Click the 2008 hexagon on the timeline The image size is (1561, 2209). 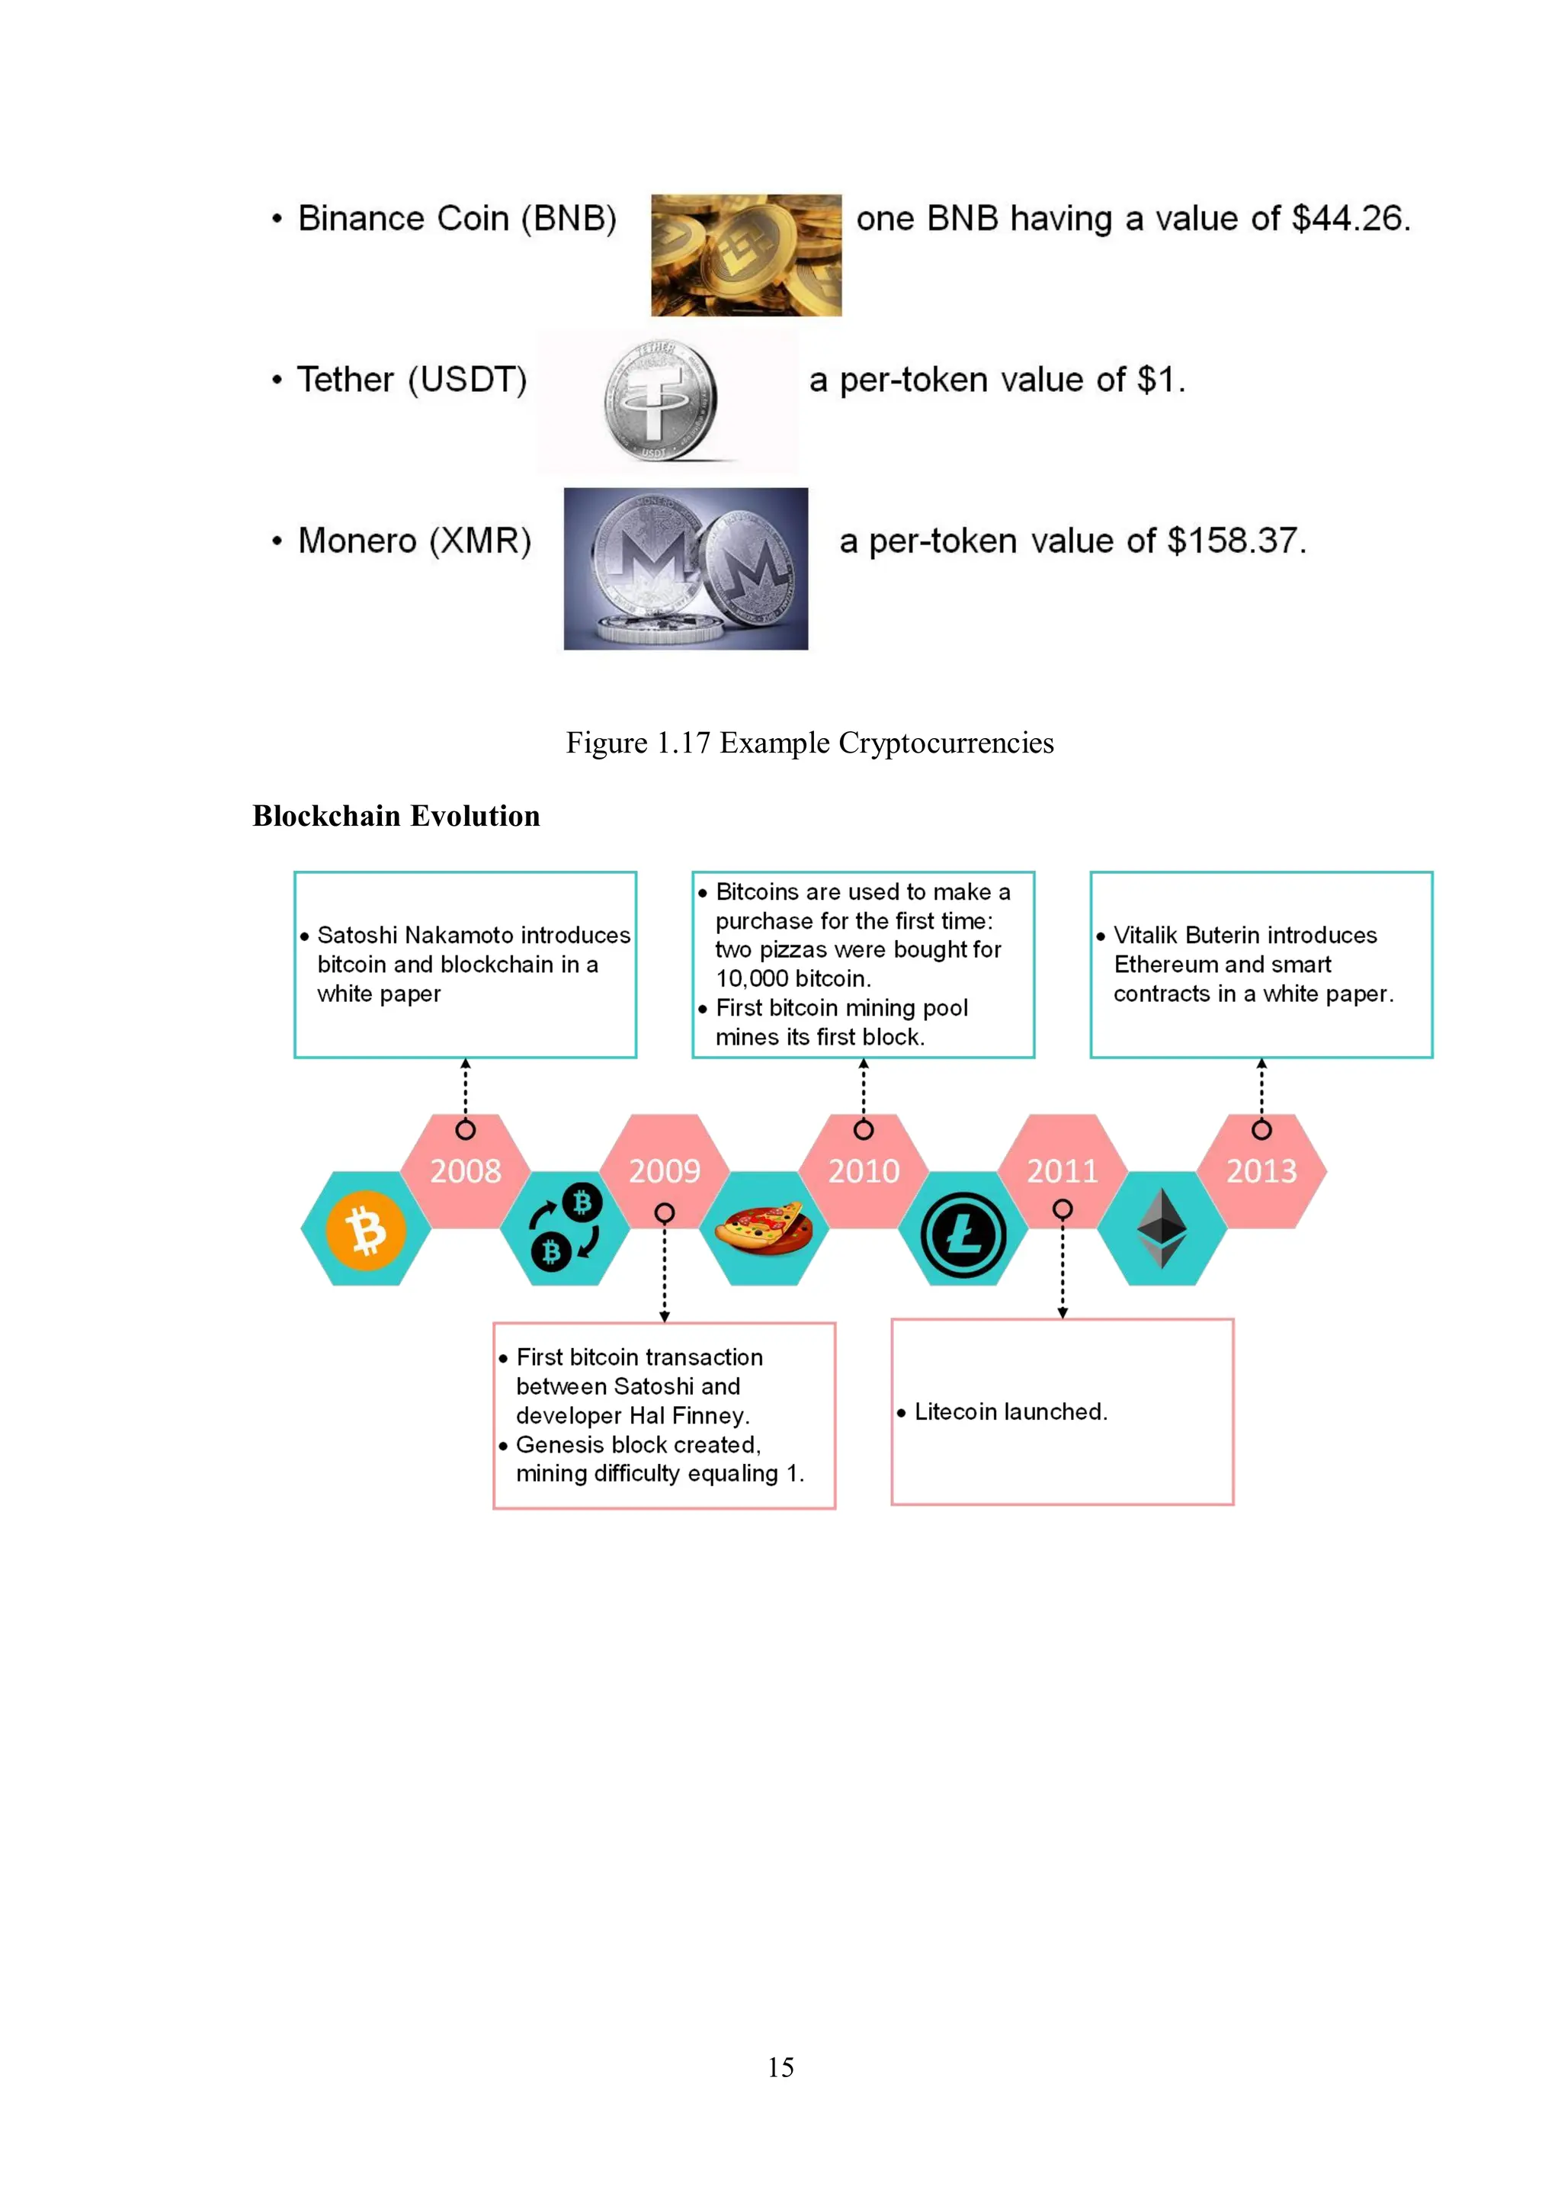click(466, 1171)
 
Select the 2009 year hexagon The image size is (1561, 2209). click(665, 1171)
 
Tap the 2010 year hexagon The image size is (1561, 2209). click(864, 1171)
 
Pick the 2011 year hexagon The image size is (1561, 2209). click(1062, 1171)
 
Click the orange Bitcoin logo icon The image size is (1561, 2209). click(366, 1231)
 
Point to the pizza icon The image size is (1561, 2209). click(764, 1230)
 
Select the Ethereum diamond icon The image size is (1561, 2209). click(1162, 1228)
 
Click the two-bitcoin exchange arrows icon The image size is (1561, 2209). click(566, 1227)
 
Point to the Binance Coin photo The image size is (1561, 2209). click(745, 255)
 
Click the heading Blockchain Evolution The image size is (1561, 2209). click(396, 816)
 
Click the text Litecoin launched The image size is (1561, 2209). click(1010, 1411)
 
